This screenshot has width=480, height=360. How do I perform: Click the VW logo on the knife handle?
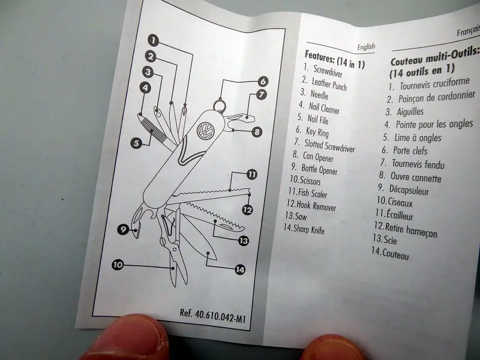point(205,131)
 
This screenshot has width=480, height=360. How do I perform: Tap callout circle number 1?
point(154,40)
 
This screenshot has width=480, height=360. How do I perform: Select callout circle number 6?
point(263,82)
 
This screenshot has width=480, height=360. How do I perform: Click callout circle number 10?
point(118,265)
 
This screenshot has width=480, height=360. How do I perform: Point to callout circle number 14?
point(240,269)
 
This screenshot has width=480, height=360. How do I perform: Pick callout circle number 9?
point(123,229)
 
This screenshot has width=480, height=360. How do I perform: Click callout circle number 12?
point(247,210)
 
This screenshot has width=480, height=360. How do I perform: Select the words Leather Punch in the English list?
point(329,84)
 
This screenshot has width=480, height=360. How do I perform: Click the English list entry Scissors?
point(310,181)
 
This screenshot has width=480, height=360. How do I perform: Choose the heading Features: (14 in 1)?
point(335,59)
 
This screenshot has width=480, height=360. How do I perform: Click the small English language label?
point(366,47)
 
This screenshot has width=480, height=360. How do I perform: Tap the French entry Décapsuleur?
point(409,190)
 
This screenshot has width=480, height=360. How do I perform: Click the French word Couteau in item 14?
point(395,254)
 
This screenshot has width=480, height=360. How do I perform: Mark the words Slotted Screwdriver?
point(329,146)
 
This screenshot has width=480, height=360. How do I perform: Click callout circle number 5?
point(136,143)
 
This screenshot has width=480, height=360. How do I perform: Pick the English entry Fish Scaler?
point(312,193)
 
